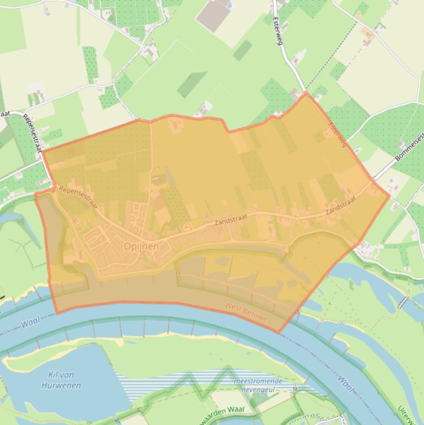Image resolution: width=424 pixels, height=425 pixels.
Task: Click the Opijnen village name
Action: pos(142,246)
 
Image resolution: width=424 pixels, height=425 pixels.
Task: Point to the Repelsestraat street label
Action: pos(35,132)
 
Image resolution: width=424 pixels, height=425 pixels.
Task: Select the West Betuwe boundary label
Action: pos(246,312)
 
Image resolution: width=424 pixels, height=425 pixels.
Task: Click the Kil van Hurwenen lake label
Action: pos(61,380)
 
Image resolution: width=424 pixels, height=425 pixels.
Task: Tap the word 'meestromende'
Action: pos(258,381)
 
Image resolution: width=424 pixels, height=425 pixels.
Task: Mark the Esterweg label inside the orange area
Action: pos(337,134)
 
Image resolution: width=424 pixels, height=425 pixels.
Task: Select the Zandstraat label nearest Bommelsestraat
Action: pos(341,208)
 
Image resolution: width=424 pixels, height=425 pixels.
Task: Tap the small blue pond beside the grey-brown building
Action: pos(229,4)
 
